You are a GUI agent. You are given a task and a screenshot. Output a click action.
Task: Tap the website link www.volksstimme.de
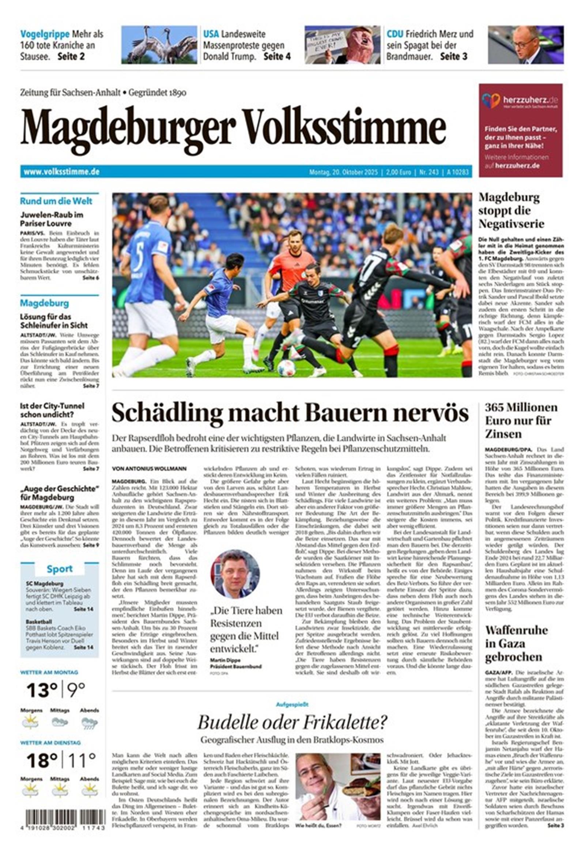[61, 172]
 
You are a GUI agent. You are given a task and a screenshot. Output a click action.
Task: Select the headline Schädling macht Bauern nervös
[290, 413]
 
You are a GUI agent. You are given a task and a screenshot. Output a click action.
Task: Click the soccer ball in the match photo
[286, 368]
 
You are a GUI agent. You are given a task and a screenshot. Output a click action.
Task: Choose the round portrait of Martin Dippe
[235, 573]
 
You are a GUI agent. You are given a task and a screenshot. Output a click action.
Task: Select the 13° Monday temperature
[42, 690]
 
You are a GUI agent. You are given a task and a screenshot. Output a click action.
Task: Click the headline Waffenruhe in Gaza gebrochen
[516, 644]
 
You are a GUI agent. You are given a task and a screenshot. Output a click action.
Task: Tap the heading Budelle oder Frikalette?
[292, 722]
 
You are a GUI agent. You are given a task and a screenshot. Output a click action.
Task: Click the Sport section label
[59, 569]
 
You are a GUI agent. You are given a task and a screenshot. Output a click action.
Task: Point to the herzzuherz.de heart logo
[491, 100]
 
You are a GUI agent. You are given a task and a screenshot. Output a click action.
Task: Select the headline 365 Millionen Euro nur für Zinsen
[521, 420]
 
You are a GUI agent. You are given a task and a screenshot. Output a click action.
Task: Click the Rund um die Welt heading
[56, 201]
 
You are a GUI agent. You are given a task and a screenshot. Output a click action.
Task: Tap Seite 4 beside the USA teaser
[277, 56]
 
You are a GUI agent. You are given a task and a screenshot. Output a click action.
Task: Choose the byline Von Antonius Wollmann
[149, 469]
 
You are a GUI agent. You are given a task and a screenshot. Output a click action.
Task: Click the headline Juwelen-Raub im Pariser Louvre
[52, 219]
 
